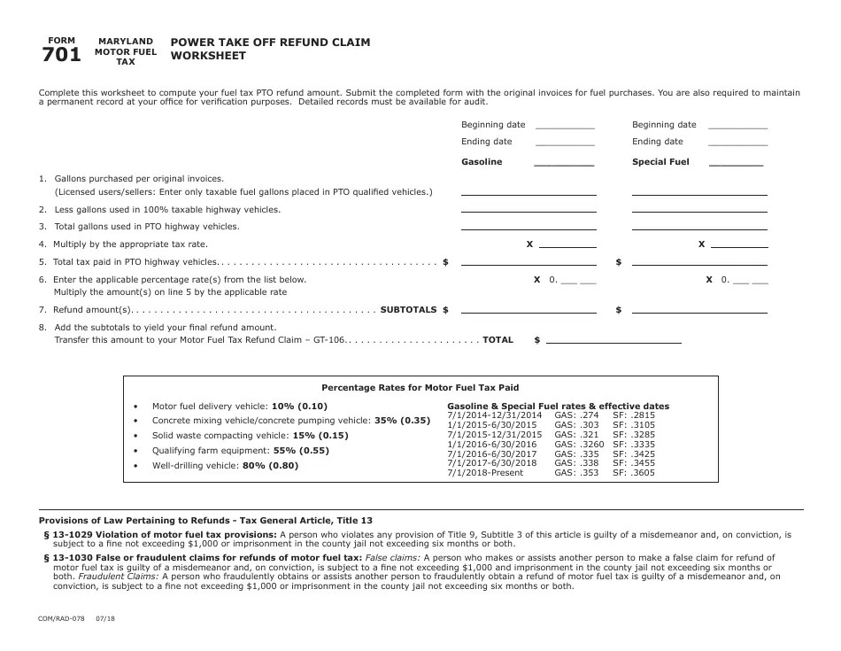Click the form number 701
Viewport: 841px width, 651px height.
[x=61, y=56]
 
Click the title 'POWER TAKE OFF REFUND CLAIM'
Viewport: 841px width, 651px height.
[x=270, y=42]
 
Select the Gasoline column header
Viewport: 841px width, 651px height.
[x=482, y=162]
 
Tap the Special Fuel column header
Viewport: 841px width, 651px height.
[x=660, y=162]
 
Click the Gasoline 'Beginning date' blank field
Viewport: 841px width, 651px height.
[x=565, y=126]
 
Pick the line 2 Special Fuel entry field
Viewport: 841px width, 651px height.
[x=698, y=209]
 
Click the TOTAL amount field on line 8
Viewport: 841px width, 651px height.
[x=613, y=339]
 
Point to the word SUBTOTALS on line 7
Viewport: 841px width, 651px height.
[x=408, y=310]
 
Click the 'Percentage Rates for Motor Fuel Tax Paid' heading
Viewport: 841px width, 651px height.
[x=420, y=387]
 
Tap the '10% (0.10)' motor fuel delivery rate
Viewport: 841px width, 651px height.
[x=300, y=406]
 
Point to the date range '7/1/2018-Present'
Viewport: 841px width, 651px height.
[x=485, y=473]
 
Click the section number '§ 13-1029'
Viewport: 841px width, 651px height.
[x=71, y=535]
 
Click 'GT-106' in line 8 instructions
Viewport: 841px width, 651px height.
[x=328, y=339]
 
